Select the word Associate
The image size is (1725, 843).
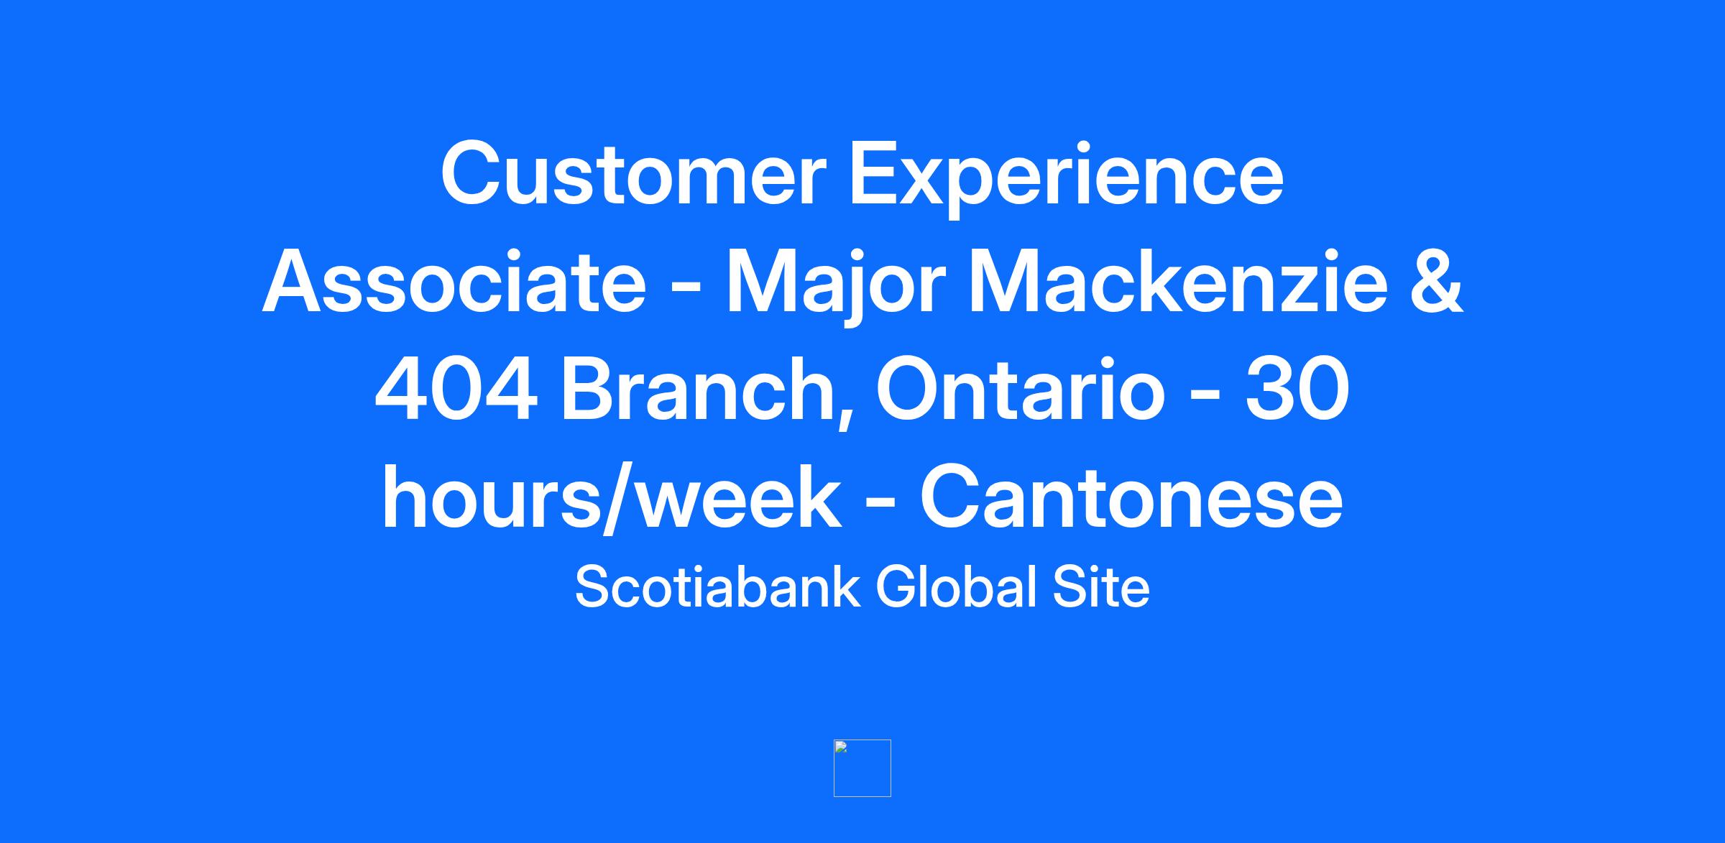click(x=454, y=282)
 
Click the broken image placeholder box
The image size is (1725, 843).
click(x=862, y=768)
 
